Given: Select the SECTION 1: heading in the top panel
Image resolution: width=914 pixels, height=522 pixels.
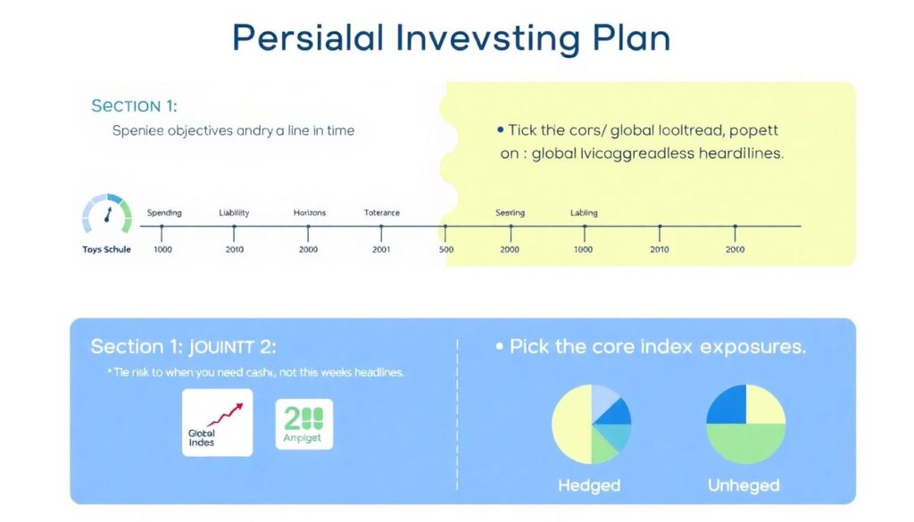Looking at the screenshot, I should pos(134,106).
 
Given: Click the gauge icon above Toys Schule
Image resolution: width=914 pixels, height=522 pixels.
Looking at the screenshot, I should pos(106,216).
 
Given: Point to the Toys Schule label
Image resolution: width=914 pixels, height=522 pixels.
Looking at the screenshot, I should pos(106,249).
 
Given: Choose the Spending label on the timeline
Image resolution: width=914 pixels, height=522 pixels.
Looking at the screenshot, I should pos(163,213).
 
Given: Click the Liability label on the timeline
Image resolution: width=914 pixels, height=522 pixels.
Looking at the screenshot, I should pos(234,213).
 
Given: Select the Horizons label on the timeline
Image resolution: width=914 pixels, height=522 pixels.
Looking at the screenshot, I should pos(310,213).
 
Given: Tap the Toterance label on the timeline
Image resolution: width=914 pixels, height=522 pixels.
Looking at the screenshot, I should pos(382,213).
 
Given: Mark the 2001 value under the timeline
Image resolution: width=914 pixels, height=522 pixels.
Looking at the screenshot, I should pos(381,249).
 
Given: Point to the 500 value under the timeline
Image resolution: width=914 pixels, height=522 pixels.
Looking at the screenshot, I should pos(446,249).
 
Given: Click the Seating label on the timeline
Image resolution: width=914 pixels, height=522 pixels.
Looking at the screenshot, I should pos(510,213).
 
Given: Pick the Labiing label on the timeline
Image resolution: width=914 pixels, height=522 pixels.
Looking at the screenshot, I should pos(584,213).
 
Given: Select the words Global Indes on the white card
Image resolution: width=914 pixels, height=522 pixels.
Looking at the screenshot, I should pos(202,437).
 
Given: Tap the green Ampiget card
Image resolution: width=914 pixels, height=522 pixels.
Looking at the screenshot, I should pos(304,424).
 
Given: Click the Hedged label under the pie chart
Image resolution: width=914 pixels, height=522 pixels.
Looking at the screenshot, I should pos(588,485).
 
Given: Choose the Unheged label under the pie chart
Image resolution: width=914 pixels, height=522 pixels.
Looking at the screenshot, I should pos(744,485).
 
